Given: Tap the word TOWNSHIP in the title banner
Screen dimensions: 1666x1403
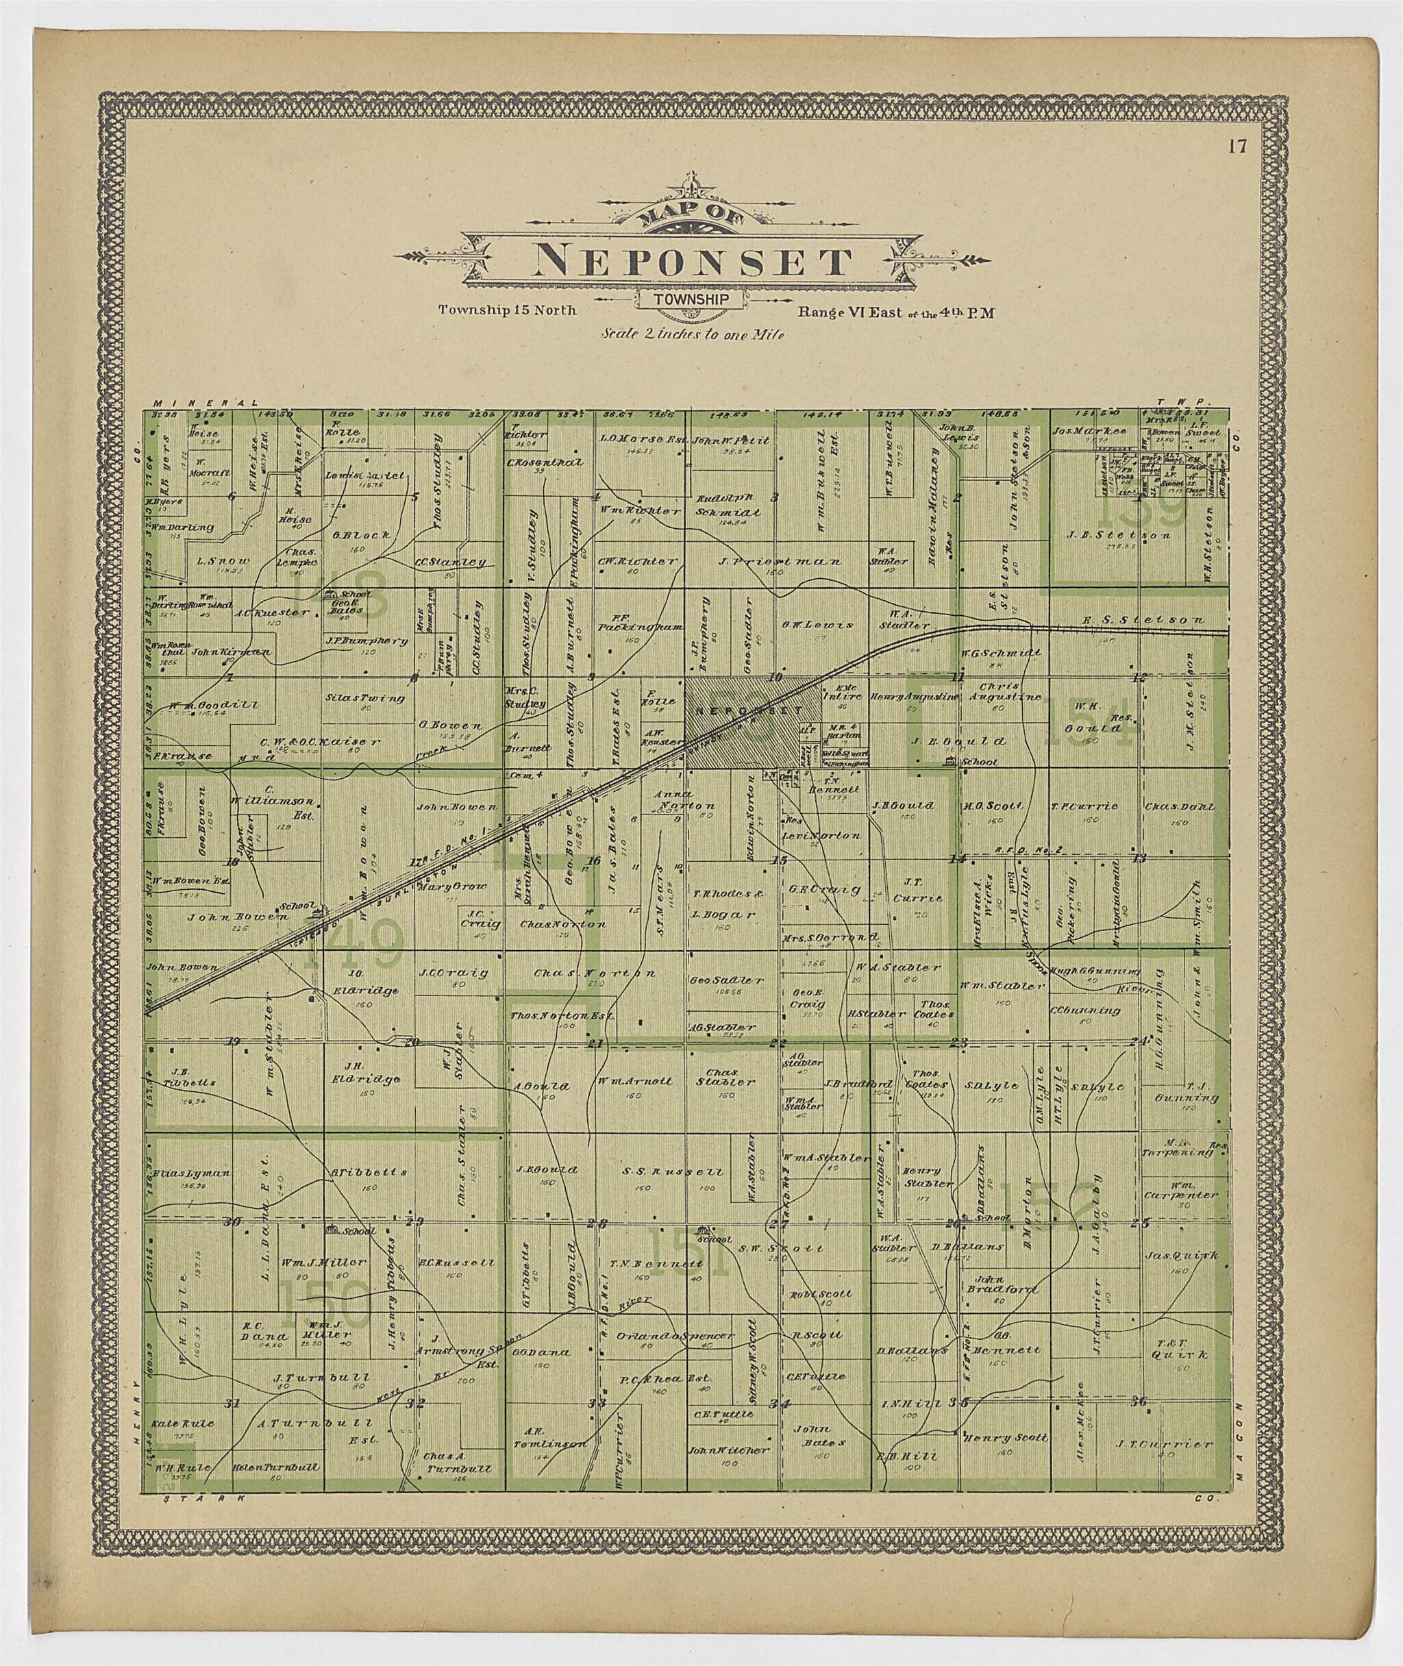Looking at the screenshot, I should tap(691, 299).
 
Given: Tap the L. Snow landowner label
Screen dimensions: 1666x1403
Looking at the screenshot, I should tap(223, 560).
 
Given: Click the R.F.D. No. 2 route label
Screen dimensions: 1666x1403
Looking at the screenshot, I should tap(1028, 850).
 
